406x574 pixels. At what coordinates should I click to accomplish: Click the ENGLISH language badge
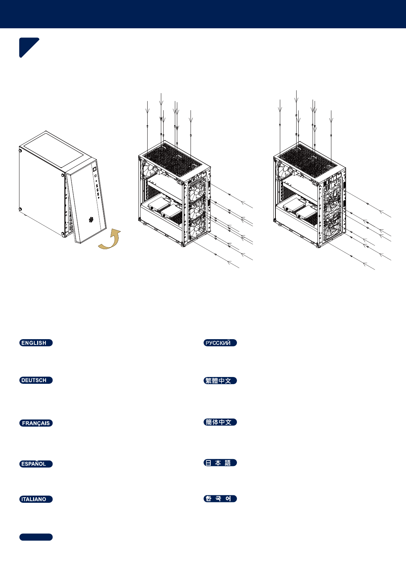click(36, 343)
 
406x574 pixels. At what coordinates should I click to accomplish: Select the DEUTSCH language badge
click(36, 380)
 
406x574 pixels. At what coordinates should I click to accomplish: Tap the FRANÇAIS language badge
click(36, 423)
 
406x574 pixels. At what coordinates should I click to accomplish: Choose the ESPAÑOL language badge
click(36, 464)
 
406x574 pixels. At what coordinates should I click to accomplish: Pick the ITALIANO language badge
click(36, 499)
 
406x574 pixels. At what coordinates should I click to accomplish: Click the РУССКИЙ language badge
click(220, 343)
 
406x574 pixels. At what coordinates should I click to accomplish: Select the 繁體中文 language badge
click(220, 381)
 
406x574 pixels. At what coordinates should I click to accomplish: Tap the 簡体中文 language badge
click(220, 422)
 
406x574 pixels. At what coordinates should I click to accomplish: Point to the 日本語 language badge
click(220, 463)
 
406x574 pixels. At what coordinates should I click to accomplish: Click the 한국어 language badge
click(220, 499)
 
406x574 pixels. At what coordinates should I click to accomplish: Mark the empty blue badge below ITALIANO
click(36, 537)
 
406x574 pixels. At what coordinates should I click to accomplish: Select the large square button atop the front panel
click(95, 169)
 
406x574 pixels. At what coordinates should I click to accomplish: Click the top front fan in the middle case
click(197, 190)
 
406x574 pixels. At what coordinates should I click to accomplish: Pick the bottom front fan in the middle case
click(197, 228)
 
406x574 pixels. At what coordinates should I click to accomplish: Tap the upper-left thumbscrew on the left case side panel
click(20, 150)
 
